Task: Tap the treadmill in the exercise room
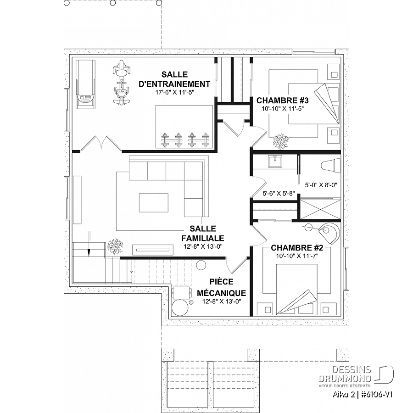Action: coord(86,84)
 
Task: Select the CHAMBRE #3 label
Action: coord(282,100)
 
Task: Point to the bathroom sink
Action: coord(275,162)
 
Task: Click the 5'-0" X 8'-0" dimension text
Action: coord(321,185)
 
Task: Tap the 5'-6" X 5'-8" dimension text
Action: coord(279,193)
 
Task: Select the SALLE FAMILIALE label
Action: coord(202,233)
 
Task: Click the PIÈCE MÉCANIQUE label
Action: coord(221,287)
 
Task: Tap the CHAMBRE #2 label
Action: coord(297,248)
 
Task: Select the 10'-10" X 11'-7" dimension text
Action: coord(297,256)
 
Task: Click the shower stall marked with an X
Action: coord(320,209)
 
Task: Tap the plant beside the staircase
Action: coord(115,246)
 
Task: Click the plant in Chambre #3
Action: coord(281,141)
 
